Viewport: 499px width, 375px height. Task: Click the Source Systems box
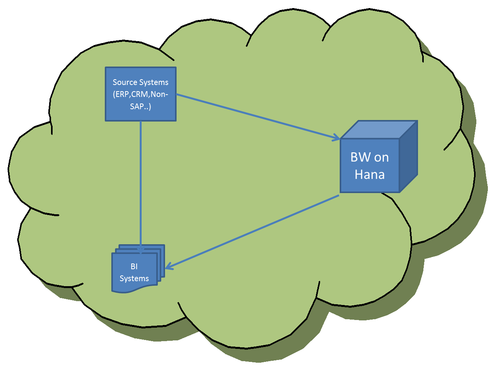(140, 94)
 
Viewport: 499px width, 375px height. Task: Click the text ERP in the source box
(122, 94)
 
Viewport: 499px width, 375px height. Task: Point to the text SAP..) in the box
(140, 107)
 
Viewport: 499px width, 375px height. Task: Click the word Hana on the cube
(370, 175)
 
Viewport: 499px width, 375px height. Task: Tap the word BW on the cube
(360, 157)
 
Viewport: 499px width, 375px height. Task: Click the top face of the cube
(378, 130)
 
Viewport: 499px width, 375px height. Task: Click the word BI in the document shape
(134, 267)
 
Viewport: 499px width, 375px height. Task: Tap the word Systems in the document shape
(134, 278)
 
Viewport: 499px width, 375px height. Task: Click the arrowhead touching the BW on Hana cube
(336, 137)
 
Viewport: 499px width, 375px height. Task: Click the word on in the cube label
(382, 157)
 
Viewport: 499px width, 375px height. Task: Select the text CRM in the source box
(140, 94)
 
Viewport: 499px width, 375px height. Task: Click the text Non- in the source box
(159, 94)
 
